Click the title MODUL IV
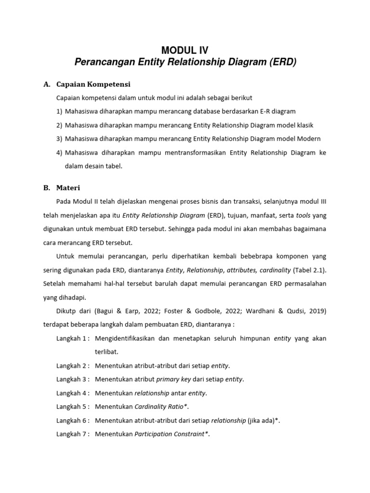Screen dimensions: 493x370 click(x=185, y=50)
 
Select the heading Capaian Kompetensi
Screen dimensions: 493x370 click(x=93, y=84)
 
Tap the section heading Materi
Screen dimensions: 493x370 click(x=68, y=187)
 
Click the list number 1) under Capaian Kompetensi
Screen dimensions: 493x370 click(x=59, y=111)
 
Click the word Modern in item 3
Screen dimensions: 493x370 click(x=308, y=139)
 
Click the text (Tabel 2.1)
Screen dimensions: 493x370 click(x=309, y=270)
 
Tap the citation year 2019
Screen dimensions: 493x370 click(x=316, y=311)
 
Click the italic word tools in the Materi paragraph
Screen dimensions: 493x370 click(x=303, y=215)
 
